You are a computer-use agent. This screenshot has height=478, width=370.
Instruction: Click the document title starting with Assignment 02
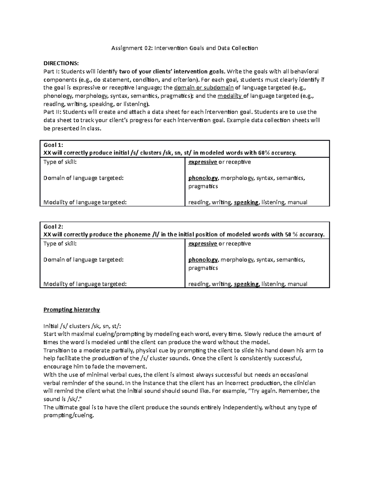[184, 48]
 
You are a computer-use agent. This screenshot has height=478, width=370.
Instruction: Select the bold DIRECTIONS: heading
[61, 63]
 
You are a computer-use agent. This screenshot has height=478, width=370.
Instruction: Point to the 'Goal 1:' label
[53, 145]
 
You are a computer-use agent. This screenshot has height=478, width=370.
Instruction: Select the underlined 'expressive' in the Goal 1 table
[203, 162]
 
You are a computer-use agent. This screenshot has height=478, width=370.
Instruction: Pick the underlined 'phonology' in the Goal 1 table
[203, 178]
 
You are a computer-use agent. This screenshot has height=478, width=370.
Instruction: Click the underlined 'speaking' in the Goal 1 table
[246, 202]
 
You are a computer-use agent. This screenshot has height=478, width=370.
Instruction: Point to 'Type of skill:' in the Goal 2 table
[60, 243]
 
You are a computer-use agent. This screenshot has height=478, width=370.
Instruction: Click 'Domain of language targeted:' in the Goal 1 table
[83, 178]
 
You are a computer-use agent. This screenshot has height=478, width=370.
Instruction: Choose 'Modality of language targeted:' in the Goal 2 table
[85, 284]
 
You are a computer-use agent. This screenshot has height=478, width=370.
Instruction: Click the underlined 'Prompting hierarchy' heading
[72, 310]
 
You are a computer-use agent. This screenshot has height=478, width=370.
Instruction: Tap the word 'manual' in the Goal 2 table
[297, 284]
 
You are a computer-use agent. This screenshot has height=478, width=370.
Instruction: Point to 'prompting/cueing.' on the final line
[68, 416]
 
